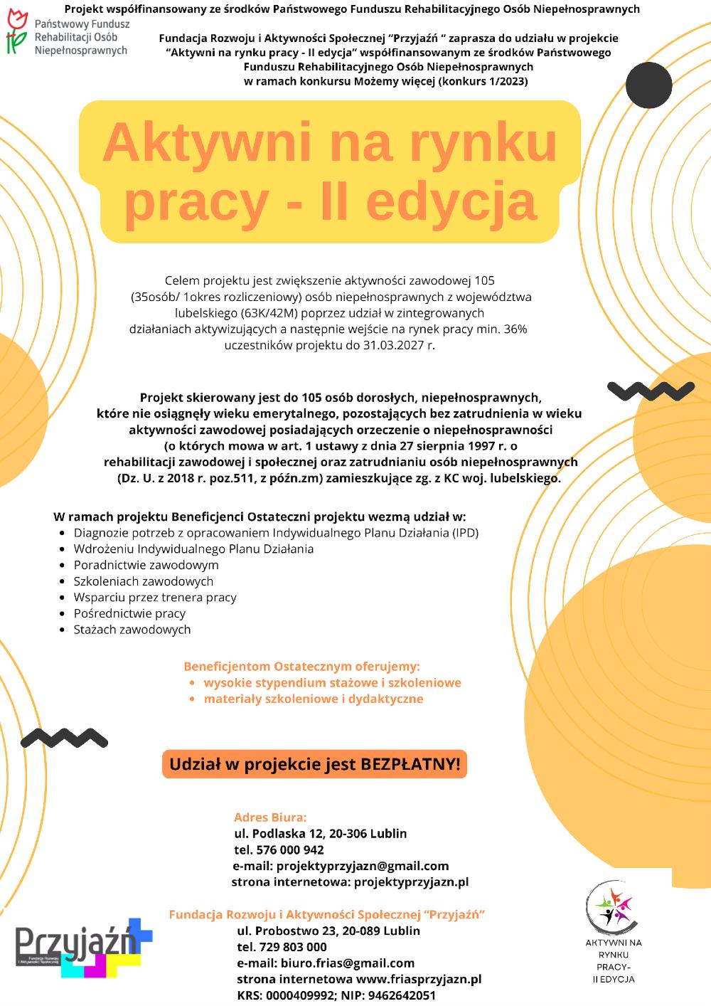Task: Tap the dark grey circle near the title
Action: click(x=649, y=85)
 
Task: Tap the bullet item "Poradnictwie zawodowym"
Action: click(x=146, y=565)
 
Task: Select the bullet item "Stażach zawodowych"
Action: click(x=132, y=630)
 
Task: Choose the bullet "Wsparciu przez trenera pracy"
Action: click(x=155, y=598)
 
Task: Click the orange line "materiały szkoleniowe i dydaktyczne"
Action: click(x=313, y=699)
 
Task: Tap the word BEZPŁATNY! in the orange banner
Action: click(x=410, y=765)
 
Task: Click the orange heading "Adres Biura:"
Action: click(x=270, y=817)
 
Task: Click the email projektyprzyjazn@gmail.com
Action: click(x=363, y=867)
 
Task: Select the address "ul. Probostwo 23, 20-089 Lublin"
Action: click(x=328, y=931)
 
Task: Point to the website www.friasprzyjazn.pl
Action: click(x=419, y=980)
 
